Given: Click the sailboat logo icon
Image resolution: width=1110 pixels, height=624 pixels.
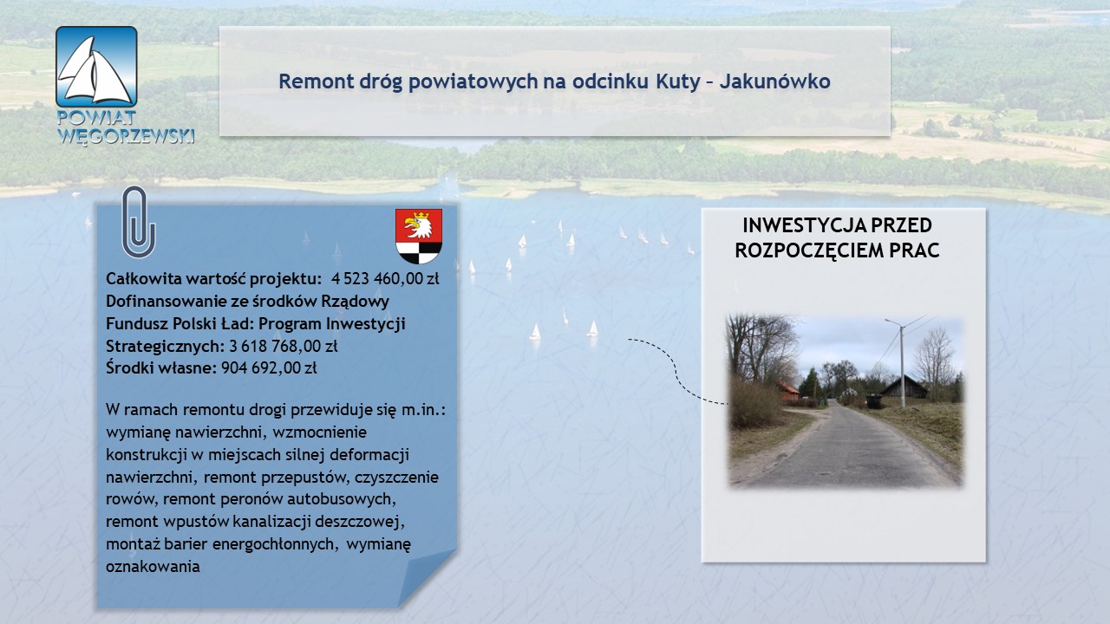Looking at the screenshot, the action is pos(96,67).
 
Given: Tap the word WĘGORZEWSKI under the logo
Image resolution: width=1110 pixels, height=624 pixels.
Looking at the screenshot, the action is pos(126,135).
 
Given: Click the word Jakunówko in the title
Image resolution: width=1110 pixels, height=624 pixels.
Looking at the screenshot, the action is pos(775,81).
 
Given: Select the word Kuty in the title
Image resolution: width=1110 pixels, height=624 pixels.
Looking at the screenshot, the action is pos(678,81).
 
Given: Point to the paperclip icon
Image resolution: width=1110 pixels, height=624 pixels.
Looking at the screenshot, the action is pos(139,222).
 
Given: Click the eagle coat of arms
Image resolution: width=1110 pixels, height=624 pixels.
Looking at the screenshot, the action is pos(419,236).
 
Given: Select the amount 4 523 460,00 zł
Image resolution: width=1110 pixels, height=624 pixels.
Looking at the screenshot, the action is pos(385,279).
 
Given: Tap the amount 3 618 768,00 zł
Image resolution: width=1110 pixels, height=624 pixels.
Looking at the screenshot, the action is pos(283,346).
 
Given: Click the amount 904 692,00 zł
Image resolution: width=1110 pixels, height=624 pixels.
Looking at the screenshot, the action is pos(269,368).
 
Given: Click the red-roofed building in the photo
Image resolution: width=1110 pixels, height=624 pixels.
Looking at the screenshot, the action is pos(789,392).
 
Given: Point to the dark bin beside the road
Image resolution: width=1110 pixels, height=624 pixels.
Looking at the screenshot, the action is pos(873,401).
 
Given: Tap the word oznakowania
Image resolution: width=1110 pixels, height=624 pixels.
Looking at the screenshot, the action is pos(153,567).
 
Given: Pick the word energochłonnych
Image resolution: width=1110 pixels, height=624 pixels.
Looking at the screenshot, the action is pos(276,544).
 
